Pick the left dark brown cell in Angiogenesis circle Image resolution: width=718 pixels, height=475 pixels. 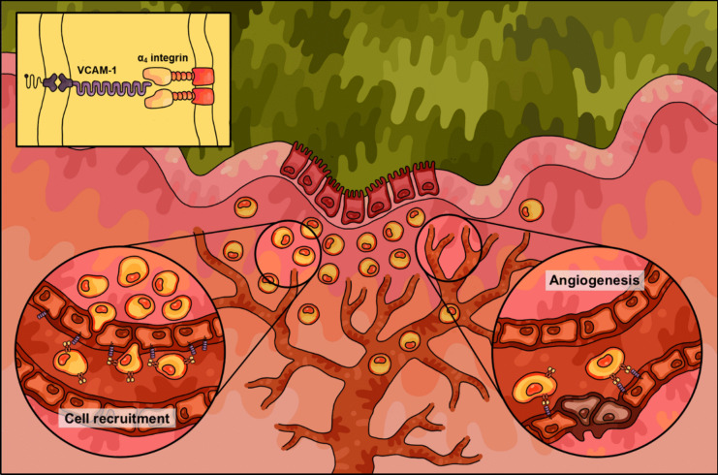(574, 412)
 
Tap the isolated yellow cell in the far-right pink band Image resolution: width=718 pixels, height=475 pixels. (530, 209)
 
